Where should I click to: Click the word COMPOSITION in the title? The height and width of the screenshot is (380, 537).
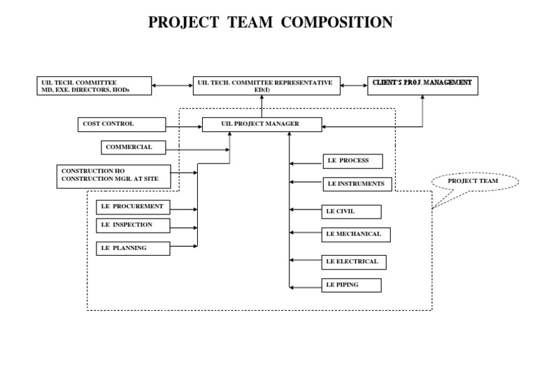(x=337, y=22)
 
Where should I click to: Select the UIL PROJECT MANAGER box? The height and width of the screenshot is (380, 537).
(x=262, y=124)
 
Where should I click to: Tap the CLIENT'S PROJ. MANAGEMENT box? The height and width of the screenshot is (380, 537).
(x=422, y=85)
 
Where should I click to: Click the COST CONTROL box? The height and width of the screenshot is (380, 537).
(x=121, y=124)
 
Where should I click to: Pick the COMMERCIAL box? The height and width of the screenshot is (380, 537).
(x=136, y=147)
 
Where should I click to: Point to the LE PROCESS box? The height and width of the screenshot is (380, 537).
(x=354, y=161)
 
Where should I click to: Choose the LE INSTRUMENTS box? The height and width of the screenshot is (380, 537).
(x=357, y=184)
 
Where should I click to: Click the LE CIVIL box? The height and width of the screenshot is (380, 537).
(x=352, y=211)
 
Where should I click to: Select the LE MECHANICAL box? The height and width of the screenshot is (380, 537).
(x=356, y=235)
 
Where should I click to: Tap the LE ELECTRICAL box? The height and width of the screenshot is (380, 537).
(x=354, y=262)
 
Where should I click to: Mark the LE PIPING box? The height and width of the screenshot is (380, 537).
(x=352, y=285)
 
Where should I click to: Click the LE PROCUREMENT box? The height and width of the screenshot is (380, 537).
(x=133, y=207)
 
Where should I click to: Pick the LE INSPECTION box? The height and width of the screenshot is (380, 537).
(x=133, y=225)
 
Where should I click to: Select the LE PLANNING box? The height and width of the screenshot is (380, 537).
(x=133, y=248)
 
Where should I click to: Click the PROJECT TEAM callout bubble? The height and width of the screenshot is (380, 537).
(x=473, y=182)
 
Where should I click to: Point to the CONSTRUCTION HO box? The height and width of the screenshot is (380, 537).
(x=113, y=175)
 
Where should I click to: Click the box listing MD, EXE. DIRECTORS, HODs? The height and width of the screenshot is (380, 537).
(x=94, y=86)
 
